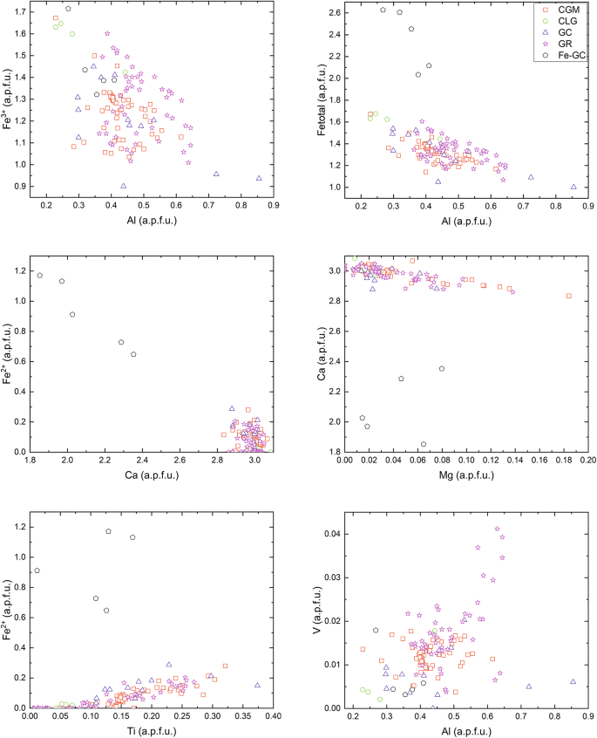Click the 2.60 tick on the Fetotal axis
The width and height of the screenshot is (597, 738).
[x=335, y=13]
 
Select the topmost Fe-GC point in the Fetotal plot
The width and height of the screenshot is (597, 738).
[x=383, y=10]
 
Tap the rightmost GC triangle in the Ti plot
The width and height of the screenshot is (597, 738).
[x=257, y=685]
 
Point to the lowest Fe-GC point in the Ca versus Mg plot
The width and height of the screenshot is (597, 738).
[x=424, y=444]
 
